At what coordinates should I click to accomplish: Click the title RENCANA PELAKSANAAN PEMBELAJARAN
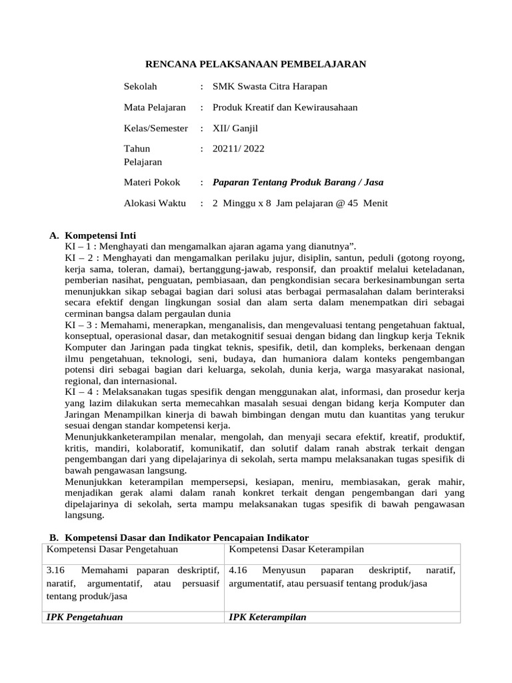click(x=256, y=64)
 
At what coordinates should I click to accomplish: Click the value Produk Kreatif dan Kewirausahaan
click(x=285, y=107)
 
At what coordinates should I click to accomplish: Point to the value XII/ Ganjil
click(x=235, y=128)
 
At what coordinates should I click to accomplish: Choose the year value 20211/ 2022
click(x=238, y=149)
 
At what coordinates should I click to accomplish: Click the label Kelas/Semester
click(x=156, y=128)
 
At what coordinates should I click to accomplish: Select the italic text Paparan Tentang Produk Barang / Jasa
click(x=297, y=182)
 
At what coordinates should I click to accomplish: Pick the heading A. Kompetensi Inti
click(x=93, y=235)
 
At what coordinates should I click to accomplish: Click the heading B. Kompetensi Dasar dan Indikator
click(x=179, y=538)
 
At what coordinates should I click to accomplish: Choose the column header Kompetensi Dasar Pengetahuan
click(x=111, y=549)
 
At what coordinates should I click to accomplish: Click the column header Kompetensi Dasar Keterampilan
click(x=295, y=549)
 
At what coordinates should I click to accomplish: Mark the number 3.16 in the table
click(x=55, y=571)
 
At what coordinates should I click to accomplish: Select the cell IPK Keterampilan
click(x=267, y=617)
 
